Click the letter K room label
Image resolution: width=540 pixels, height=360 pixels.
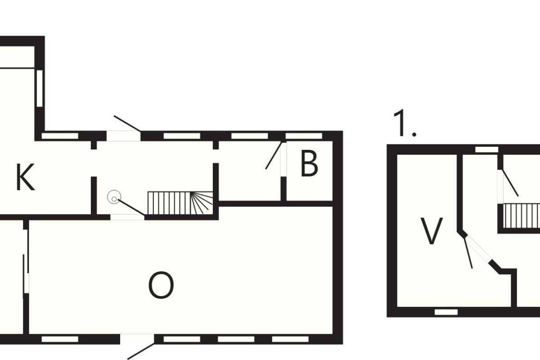point(25,177)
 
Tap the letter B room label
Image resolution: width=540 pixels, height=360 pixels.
point(309,163)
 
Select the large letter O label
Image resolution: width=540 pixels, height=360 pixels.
point(161,285)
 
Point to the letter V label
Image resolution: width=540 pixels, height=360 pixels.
point(431,231)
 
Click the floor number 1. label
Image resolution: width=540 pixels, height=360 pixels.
point(405,123)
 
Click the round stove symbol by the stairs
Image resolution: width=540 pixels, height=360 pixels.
point(114,197)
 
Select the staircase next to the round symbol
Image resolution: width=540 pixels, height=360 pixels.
point(180,203)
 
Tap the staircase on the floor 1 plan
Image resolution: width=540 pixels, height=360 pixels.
point(521,216)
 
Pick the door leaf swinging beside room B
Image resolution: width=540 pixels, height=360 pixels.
point(274,155)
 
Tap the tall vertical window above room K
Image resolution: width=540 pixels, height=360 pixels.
point(40,88)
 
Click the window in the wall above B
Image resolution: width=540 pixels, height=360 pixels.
point(304,136)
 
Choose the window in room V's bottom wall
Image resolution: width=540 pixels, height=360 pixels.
point(446,312)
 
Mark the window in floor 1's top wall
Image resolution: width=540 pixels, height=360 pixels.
point(487,149)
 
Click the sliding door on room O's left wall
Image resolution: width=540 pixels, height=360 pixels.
point(26,261)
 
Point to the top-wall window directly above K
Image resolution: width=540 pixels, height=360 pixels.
point(60,136)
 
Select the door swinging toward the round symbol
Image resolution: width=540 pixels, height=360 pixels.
point(131,207)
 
